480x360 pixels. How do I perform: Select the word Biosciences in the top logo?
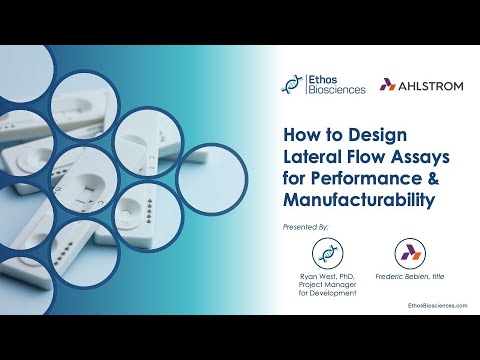coord(337,91)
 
